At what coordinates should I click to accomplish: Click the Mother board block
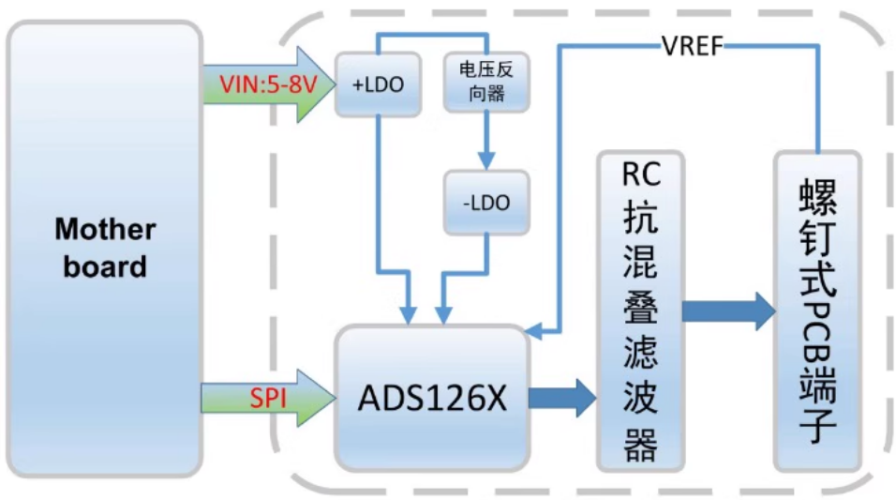click(105, 249)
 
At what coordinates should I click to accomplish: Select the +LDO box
click(377, 83)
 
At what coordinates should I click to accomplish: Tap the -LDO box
click(486, 203)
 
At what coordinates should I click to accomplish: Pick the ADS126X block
click(431, 398)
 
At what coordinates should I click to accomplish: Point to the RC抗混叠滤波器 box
click(640, 310)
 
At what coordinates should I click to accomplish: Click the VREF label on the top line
click(694, 44)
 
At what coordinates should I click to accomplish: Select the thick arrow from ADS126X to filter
click(560, 398)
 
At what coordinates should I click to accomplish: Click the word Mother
click(105, 229)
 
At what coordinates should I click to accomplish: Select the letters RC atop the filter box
click(640, 176)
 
